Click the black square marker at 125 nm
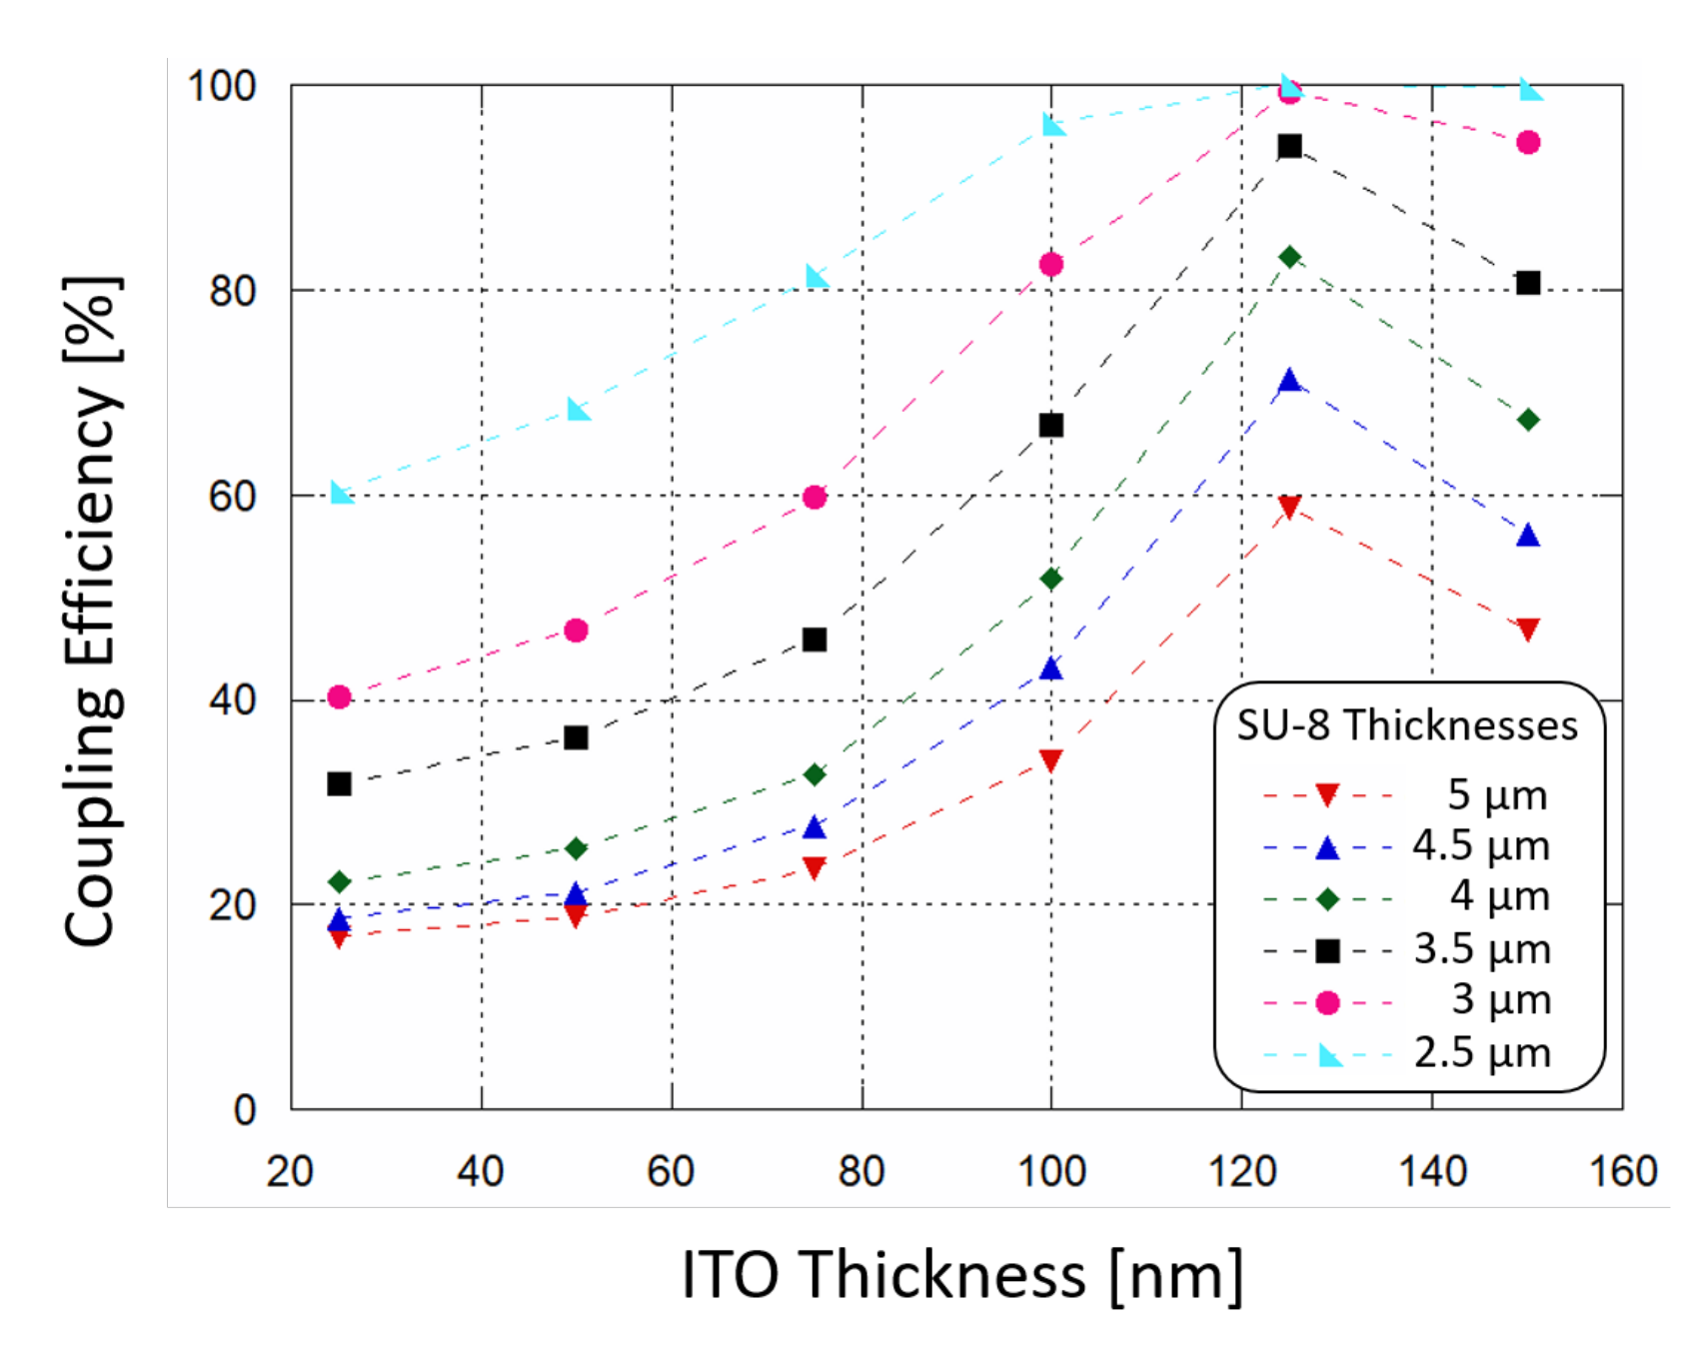1289,146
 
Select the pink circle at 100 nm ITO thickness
1050,264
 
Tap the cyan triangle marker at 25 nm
341,493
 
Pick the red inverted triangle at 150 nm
1527,629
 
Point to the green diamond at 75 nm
815,774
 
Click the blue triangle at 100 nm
1050,669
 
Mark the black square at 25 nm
339,783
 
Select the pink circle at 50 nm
576,631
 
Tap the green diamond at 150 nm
1527,420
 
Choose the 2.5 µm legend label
1481,1053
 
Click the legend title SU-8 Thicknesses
1406,725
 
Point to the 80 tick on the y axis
232,291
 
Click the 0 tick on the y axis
244,1110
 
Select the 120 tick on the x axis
1241,1171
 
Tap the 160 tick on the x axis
1623,1171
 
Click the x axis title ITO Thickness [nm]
961,1276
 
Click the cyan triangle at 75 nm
817,276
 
